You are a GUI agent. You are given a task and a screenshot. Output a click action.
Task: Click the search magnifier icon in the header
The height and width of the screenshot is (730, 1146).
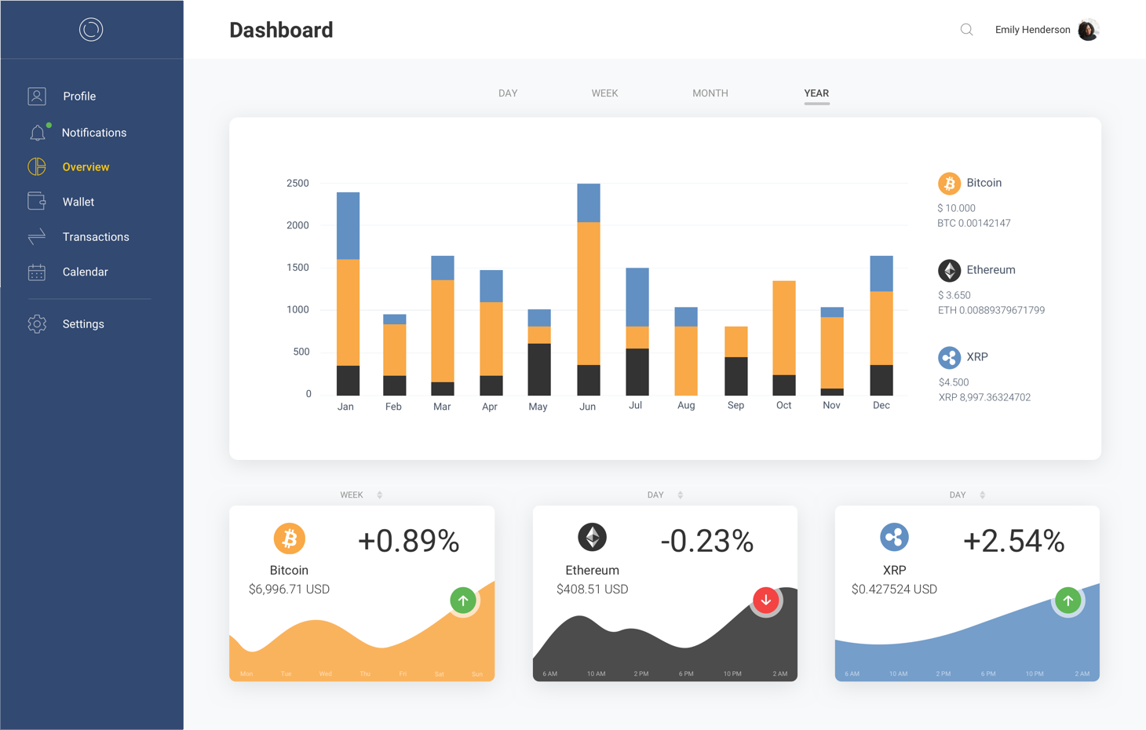pyautogui.click(x=966, y=30)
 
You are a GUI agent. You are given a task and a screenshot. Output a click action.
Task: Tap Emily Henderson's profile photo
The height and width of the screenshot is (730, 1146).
pyautogui.click(x=1088, y=30)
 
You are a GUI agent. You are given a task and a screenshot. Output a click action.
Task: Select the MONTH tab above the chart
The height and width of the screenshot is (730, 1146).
pyautogui.click(x=710, y=93)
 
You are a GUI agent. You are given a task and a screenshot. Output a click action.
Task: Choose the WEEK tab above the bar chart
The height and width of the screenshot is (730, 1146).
pyautogui.click(x=604, y=93)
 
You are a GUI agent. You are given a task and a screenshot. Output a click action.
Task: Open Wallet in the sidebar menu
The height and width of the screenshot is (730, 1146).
pyautogui.click(x=78, y=202)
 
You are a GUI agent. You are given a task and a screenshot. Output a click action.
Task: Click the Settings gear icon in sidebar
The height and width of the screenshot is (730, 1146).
pyautogui.click(x=37, y=323)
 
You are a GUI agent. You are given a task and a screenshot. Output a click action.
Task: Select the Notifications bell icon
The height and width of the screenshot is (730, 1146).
pyautogui.click(x=37, y=133)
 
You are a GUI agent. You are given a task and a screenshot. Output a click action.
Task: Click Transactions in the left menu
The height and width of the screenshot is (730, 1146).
pyautogui.click(x=95, y=237)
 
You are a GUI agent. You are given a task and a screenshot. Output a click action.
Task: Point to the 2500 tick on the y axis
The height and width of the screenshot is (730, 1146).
pyautogui.click(x=297, y=183)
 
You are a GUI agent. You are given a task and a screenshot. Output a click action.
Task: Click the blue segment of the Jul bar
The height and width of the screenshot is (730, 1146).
pyautogui.click(x=637, y=297)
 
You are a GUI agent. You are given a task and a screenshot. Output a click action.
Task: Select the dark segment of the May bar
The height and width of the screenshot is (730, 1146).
pyautogui.click(x=538, y=369)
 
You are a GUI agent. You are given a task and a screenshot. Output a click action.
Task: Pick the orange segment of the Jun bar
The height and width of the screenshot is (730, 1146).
pyautogui.click(x=588, y=294)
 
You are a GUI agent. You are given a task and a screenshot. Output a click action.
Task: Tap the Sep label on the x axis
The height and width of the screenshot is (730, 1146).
pyautogui.click(x=735, y=405)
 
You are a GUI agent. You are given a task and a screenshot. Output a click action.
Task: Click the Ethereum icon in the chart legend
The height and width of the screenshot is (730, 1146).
pyautogui.click(x=949, y=270)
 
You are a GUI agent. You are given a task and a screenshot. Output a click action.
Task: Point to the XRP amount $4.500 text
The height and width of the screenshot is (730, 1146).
pyautogui.click(x=954, y=382)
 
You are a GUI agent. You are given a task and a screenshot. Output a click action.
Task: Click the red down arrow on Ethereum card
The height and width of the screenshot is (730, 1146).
pyautogui.click(x=765, y=600)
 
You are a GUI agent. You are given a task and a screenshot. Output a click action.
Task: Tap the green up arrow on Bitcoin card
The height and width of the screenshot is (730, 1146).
pyautogui.click(x=463, y=600)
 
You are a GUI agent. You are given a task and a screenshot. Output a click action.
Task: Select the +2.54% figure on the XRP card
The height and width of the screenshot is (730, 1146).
pyautogui.click(x=1013, y=541)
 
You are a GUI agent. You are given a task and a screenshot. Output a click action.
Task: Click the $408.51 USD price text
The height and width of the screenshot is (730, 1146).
pyautogui.click(x=592, y=589)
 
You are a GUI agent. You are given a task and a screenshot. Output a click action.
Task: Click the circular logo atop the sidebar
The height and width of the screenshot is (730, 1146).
pyautogui.click(x=91, y=30)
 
